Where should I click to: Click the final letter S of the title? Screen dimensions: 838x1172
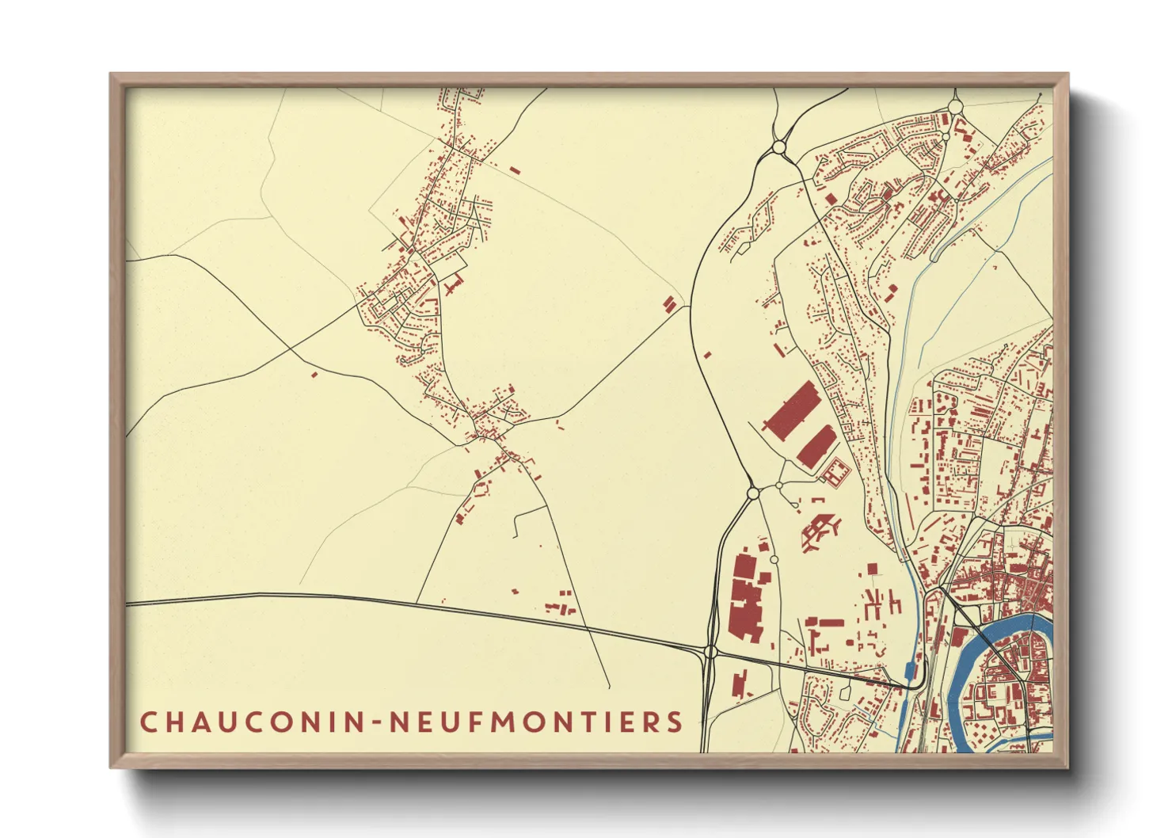pyautogui.click(x=675, y=722)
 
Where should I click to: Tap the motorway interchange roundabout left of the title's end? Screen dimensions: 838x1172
pyautogui.click(x=710, y=652)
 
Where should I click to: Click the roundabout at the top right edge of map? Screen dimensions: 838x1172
pyautogui.click(x=955, y=106)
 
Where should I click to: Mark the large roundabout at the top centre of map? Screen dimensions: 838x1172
pyautogui.click(x=778, y=147)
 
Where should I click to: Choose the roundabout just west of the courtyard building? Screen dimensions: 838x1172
pyautogui.click(x=779, y=486)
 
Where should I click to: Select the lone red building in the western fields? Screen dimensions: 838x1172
pyautogui.click(x=314, y=374)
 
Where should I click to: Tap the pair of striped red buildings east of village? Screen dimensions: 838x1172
pyautogui.click(x=670, y=304)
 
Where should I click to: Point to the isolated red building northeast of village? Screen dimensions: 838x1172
pyautogui.click(x=515, y=170)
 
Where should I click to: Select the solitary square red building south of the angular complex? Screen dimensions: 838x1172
pyautogui.click(x=872, y=569)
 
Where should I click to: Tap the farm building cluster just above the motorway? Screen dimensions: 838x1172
pyautogui.click(x=561, y=607)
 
